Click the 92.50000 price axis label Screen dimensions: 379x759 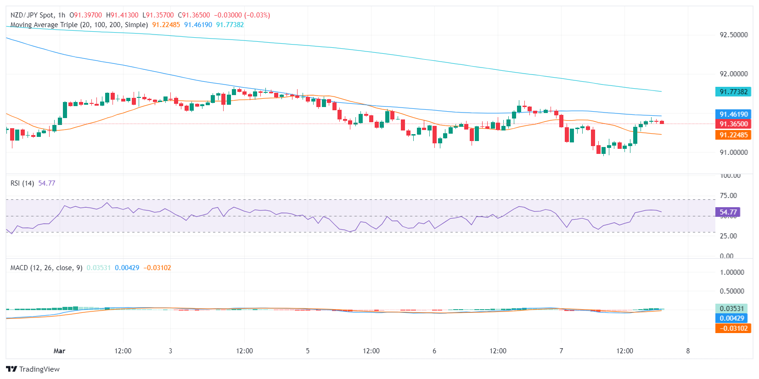pyautogui.click(x=733, y=35)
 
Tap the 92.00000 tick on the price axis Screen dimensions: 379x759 pyautogui.click(x=733, y=74)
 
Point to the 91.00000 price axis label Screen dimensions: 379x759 pyautogui.click(x=733, y=153)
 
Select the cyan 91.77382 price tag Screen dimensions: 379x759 pyautogui.click(x=733, y=92)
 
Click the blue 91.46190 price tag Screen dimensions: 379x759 pyautogui.click(x=733, y=114)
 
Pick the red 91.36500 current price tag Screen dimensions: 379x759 pyautogui.click(x=733, y=124)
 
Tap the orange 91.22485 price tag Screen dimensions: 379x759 pyautogui.click(x=733, y=135)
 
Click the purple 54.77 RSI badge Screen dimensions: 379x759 pyautogui.click(x=728, y=212)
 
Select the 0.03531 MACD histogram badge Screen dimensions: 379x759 pyautogui.click(x=731, y=309)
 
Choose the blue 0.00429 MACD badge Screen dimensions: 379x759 pyautogui.click(x=731, y=318)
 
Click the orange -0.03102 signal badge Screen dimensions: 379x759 pyautogui.click(x=733, y=328)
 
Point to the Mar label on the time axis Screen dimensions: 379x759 pyautogui.click(x=59, y=351)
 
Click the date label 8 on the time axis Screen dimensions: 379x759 pyautogui.click(x=688, y=351)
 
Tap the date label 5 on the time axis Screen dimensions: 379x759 pyautogui.click(x=308, y=351)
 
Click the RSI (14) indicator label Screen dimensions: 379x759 pyautogui.click(x=22, y=183)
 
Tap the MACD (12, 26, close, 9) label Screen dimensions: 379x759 pyautogui.click(x=46, y=268)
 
